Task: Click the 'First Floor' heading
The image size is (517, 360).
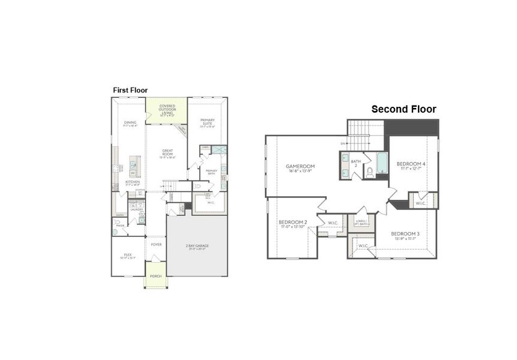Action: point(130,90)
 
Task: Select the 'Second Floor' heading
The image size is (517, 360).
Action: point(404,109)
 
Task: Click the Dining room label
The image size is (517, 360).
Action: point(130,124)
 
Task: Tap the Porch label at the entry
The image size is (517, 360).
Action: point(156,276)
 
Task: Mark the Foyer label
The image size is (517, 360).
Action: point(156,245)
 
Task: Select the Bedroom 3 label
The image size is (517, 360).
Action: point(403,235)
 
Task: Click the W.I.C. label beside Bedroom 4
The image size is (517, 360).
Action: point(420,203)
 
